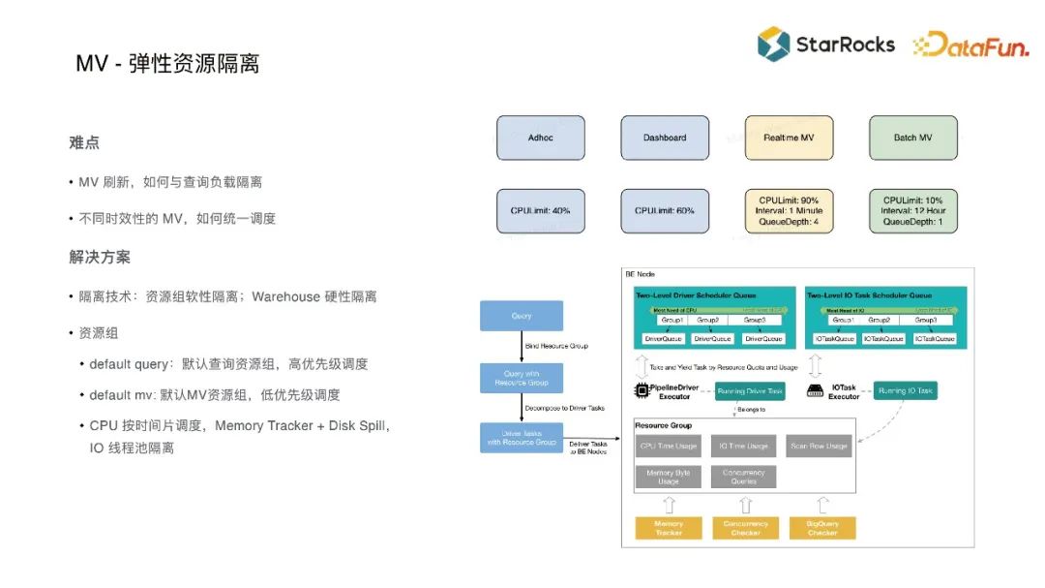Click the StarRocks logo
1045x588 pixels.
825,44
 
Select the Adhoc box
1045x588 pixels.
541,138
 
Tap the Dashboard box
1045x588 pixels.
665,138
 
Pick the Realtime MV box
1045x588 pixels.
789,138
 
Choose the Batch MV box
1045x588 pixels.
912,138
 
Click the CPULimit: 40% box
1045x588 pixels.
541,210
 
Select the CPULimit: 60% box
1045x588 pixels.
665,210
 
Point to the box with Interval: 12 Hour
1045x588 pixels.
912,210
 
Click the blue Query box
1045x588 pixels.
522,316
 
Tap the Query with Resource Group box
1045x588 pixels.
522,378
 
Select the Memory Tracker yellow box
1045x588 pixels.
669,528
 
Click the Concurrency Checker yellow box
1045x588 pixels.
745,528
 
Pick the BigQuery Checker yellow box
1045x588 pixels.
822,528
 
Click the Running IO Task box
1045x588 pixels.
906,390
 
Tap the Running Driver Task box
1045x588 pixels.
750,390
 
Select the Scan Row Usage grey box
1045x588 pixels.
819,446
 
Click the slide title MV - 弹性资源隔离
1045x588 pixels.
167,64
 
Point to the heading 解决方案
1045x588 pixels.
100,257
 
